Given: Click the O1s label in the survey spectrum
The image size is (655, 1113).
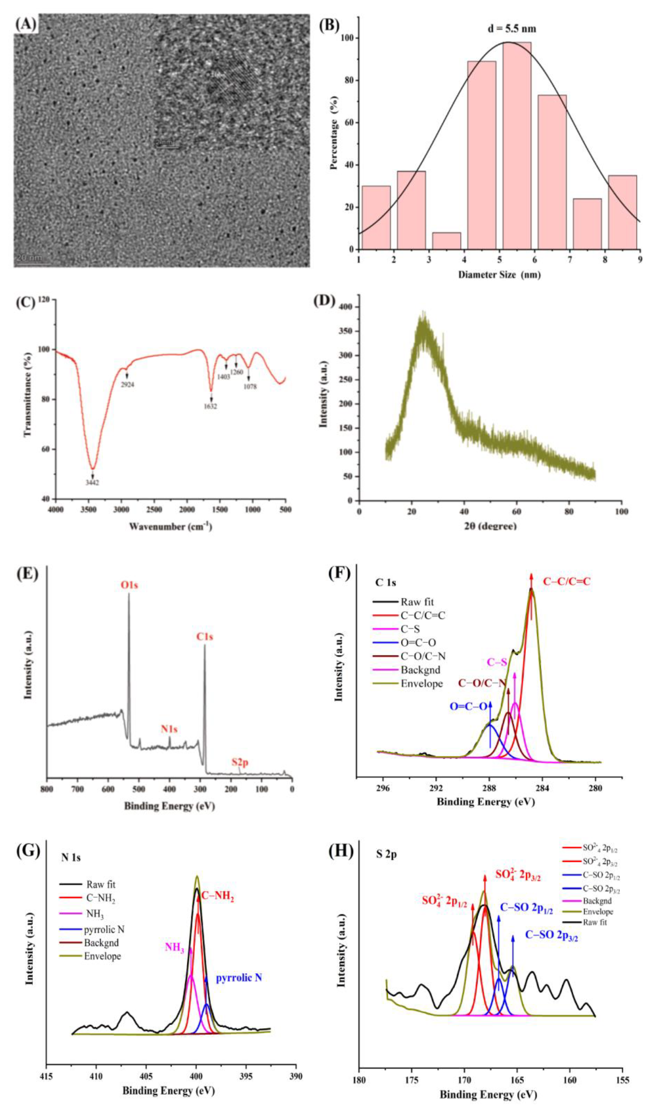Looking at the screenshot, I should (129, 585).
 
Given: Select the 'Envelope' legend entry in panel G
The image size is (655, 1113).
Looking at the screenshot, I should (102, 956).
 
